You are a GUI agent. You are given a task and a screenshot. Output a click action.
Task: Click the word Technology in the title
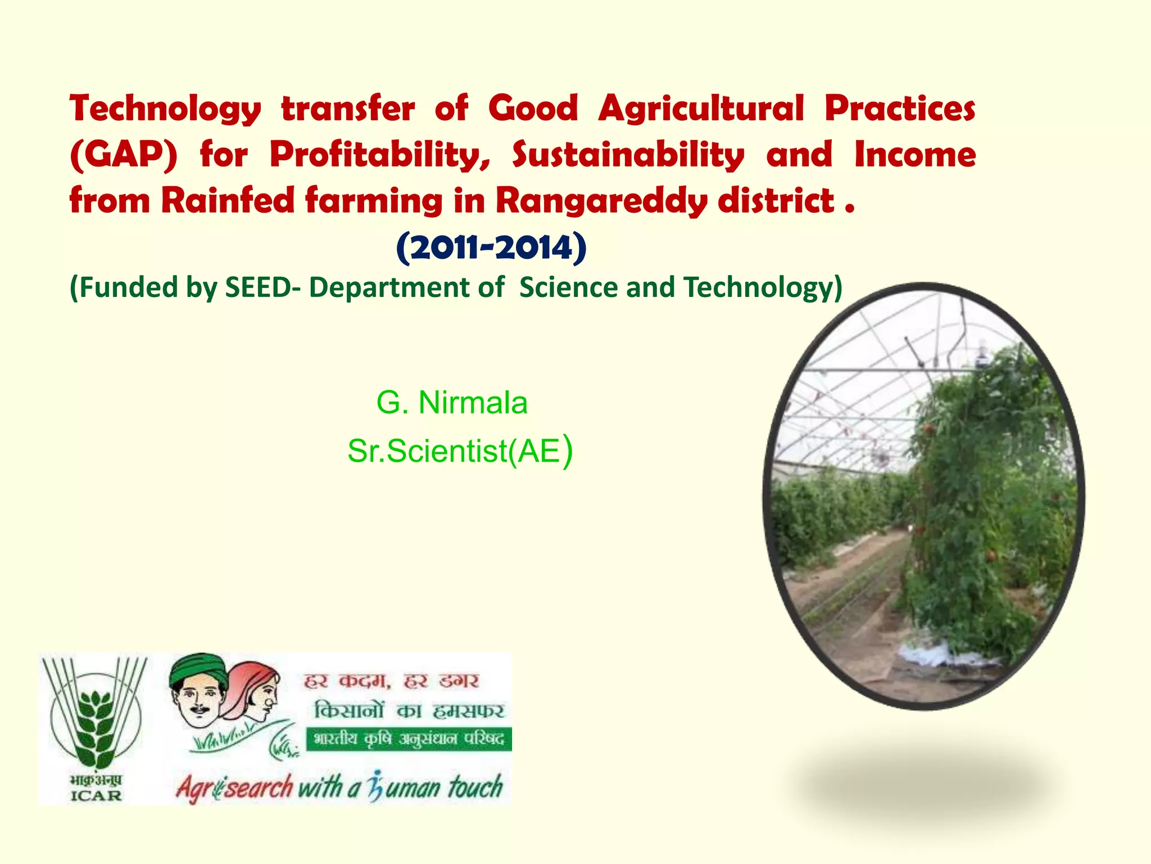(165, 109)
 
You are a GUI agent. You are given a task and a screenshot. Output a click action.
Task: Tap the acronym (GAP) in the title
(124, 155)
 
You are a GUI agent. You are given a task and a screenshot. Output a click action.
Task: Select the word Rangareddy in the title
(601, 201)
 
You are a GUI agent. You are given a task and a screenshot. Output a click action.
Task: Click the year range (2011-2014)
(491, 247)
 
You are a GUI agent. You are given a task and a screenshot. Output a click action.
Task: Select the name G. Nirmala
(452, 403)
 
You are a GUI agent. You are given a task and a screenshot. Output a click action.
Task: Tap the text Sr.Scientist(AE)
(460, 451)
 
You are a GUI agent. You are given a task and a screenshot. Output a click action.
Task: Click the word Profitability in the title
(380, 155)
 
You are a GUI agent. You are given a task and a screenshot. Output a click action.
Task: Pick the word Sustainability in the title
(628, 155)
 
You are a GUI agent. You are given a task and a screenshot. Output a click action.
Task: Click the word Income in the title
(915, 155)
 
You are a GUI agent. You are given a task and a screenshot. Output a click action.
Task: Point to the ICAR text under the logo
(96, 795)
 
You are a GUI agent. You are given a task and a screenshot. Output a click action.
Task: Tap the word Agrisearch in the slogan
(234, 787)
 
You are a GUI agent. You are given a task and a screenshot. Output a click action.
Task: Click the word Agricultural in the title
(701, 109)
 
